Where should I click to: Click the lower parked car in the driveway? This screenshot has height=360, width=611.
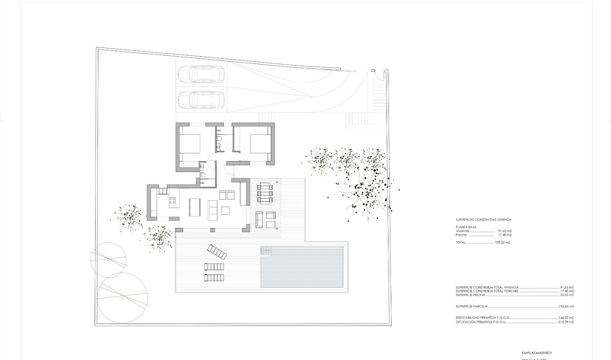point(201,99)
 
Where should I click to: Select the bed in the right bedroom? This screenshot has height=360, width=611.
point(259,143)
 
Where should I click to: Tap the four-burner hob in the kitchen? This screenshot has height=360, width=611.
point(173,201)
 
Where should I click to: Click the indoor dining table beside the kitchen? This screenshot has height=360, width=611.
point(194,207)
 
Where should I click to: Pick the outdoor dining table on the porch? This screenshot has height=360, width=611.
point(265,193)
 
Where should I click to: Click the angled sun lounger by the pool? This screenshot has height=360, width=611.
point(216,252)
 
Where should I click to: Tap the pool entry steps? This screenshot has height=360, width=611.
point(266,251)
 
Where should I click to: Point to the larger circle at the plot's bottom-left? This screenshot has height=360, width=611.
point(122,298)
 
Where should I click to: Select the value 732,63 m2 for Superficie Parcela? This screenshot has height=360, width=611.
point(567,306)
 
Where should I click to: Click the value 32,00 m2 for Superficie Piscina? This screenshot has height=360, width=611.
point(567,295)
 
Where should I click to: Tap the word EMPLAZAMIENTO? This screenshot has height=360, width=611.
point(536,352)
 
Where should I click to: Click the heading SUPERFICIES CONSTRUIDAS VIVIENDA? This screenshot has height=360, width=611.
point(483,220)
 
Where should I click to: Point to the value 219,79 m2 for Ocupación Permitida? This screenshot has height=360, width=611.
point(567,322)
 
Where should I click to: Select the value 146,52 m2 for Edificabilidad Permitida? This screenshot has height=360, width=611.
point(567,318)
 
